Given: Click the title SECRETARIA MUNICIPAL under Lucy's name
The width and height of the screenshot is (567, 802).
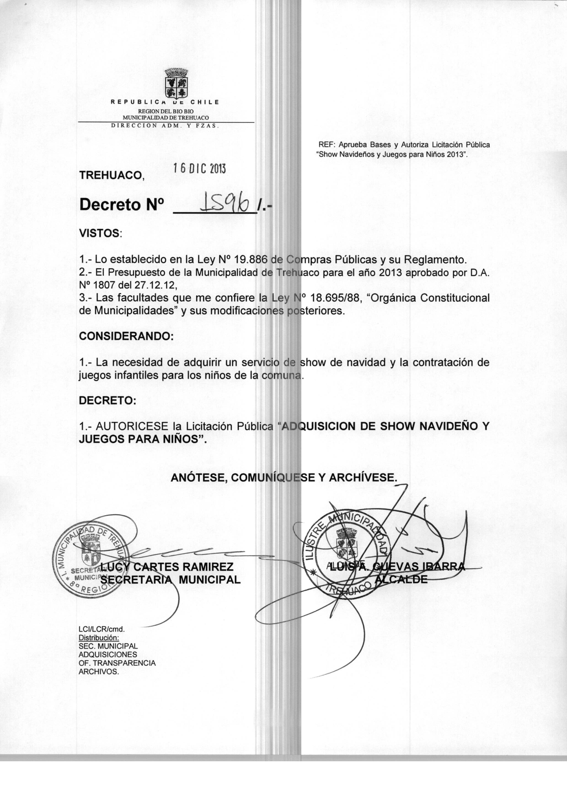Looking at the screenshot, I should [x=170, y=580].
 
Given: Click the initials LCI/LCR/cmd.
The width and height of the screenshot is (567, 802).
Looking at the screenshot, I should [x=102, y=629].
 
